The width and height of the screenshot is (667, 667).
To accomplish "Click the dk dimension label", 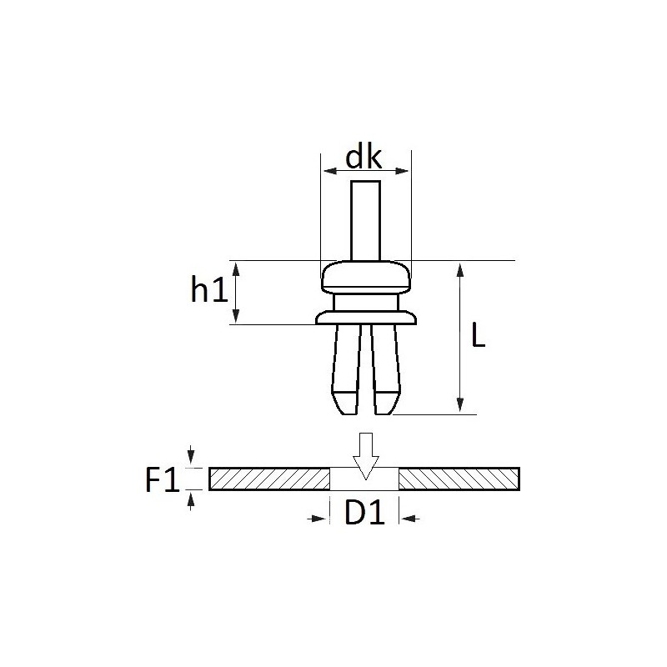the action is point(364,158).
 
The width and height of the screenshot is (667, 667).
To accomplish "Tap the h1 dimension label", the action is point(209,289).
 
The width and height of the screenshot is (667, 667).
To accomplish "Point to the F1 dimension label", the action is point(162,479).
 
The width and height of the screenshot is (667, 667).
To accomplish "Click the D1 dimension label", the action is point(364,513).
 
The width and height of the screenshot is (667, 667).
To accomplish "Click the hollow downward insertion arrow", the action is point(366,456).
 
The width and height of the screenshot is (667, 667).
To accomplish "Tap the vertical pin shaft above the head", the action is point(365,220).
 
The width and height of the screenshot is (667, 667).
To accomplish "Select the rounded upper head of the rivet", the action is point(366,277).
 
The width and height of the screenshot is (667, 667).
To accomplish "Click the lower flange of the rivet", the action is point(366,318).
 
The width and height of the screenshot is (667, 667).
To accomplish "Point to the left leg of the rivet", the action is point(345,369).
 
